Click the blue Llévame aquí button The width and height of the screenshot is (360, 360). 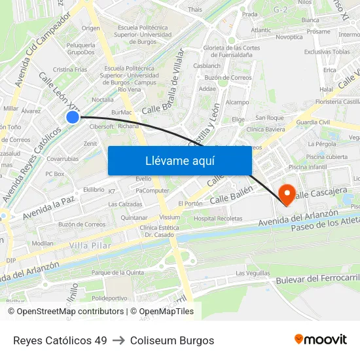click(x=179, y=160)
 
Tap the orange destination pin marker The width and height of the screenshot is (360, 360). click(x=286, y=194)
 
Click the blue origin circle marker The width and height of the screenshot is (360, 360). click(x=73, y=117)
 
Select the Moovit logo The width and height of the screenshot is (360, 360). click(x=321, y=340)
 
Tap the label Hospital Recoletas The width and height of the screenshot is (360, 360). click(x=218, y=218)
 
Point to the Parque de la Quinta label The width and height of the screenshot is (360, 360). click(x=118, y=272)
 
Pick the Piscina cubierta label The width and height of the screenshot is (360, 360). click(x=327, y=157)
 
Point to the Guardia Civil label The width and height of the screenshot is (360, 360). click(x=313, y=122)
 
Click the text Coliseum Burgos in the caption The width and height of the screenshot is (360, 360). click(x=172, y=340)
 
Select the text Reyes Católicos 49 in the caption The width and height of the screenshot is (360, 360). click(x=60, y=340)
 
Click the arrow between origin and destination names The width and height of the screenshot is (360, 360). click(x=118, y=340)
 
